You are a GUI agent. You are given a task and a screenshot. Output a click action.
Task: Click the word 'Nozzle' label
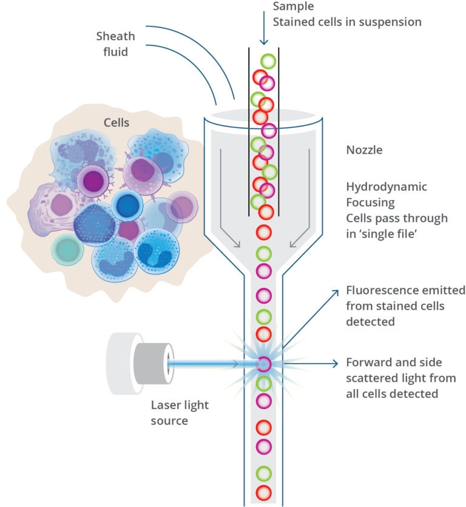pos(364,150)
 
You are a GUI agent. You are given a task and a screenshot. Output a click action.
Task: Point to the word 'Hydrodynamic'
pos(387,186)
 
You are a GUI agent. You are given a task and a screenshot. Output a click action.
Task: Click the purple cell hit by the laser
pos(263,364)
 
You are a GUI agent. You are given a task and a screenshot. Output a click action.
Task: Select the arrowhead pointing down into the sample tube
pos(263,41)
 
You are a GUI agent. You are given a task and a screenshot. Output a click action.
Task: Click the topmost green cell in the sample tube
pos(268,61)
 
